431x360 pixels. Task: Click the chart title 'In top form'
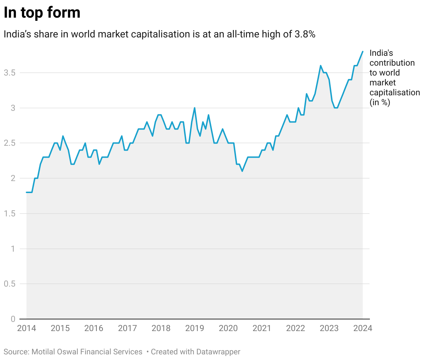(42, 13)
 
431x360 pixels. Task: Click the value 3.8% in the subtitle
(305, 34)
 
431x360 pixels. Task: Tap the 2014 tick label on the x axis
(26, 328)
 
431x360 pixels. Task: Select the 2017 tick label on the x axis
(127, 328)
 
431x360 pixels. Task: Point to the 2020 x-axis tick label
(228, 328)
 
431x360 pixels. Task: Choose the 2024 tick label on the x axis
(363, 328)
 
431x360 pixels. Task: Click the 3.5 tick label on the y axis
(10, 73)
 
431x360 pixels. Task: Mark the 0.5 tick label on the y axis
(10, 284)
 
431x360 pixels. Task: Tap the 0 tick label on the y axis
(13, 319)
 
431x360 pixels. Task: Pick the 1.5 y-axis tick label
(10, 214)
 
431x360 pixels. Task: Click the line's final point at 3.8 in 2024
(362, 52)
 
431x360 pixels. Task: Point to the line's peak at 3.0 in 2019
(195, 108)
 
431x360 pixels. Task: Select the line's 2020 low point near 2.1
(242, 171)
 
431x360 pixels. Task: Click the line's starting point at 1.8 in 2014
(27, 192)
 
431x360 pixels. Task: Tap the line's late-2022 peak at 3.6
(320, 66)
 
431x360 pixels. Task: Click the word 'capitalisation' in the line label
(395, 92)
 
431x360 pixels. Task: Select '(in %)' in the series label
(380, 102)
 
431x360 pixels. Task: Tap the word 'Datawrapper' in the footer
(218, 352)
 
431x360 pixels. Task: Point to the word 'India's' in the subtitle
(18, 34)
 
